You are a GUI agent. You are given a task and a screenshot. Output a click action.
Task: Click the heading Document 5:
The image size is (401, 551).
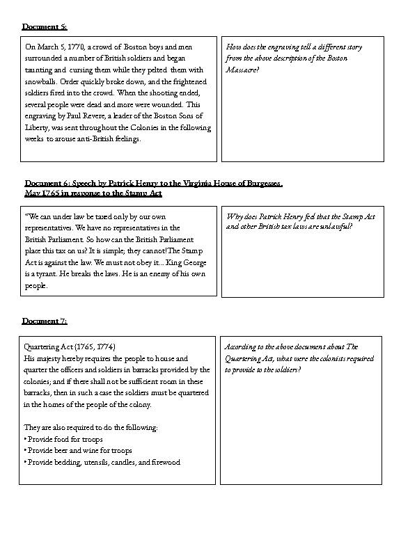45,26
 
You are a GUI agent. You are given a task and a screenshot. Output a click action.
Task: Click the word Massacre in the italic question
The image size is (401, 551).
241,70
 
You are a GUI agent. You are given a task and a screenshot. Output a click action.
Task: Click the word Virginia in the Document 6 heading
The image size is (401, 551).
202,184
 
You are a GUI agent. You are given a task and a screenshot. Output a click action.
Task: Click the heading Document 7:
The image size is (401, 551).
45,321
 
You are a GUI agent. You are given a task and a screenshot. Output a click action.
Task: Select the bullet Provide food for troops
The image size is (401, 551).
65,439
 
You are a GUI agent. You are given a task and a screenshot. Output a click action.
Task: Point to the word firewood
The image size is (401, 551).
164,462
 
